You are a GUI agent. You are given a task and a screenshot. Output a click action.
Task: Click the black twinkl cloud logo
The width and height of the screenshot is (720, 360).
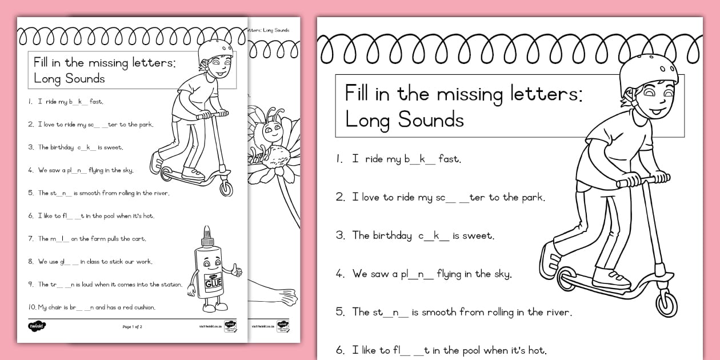coord(37,326)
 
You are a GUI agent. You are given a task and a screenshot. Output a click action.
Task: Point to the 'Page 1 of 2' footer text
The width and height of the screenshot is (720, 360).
coord(132,327)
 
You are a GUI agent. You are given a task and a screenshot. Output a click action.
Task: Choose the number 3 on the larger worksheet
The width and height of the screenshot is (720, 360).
coord(340,235)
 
